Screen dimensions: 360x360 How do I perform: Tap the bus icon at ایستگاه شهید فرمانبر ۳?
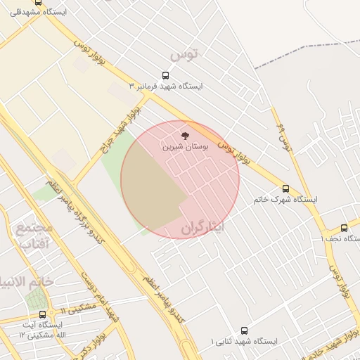[166, 75]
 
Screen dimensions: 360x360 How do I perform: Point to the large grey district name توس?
[185, 53]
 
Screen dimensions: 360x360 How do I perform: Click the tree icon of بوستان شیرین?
[185, 134]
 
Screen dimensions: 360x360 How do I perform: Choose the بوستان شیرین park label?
[185, 147]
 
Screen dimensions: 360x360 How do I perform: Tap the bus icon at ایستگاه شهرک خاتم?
[285, 188]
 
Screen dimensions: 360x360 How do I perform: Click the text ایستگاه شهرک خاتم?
[285, 200]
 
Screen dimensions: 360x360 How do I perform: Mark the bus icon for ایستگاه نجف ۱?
[344, 228]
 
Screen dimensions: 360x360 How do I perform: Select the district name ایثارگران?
[202, 228]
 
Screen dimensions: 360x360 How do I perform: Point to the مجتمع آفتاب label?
[33, 236]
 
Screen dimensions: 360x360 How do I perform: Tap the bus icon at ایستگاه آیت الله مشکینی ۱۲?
[43, 314]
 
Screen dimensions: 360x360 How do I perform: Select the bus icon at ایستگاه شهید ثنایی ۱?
[244, 330]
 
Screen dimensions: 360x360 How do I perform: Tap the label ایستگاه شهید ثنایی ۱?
[244, 342]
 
